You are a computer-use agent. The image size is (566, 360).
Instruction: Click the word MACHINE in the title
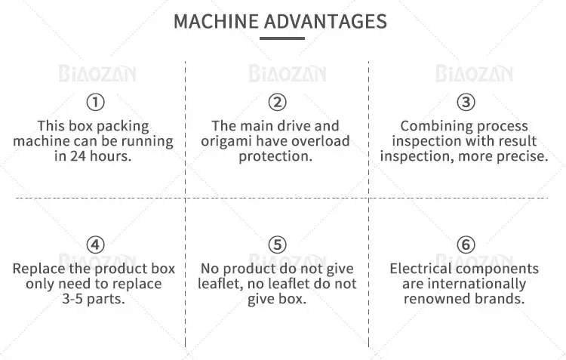click(216, 21)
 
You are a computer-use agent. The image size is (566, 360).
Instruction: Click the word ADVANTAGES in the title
click(325, 21)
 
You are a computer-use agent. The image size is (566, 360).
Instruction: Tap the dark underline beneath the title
click(282, 38)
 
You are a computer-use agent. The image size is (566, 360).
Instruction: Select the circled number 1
click(95, 102)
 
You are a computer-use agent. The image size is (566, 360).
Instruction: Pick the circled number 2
click(277, 102)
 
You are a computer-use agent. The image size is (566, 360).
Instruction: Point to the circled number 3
click(466, 102)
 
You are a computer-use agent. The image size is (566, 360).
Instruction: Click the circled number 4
click(95, 245)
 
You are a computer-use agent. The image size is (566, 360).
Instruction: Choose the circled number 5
click(277, 245)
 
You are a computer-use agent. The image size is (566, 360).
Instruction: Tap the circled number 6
click(466, 245)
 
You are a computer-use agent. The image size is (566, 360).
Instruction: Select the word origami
click(226, 142)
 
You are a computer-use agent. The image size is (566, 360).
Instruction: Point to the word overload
click(321, 141)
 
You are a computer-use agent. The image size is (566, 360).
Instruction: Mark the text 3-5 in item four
click(74, 299)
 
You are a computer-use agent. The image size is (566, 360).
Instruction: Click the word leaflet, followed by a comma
click(220, 284)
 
